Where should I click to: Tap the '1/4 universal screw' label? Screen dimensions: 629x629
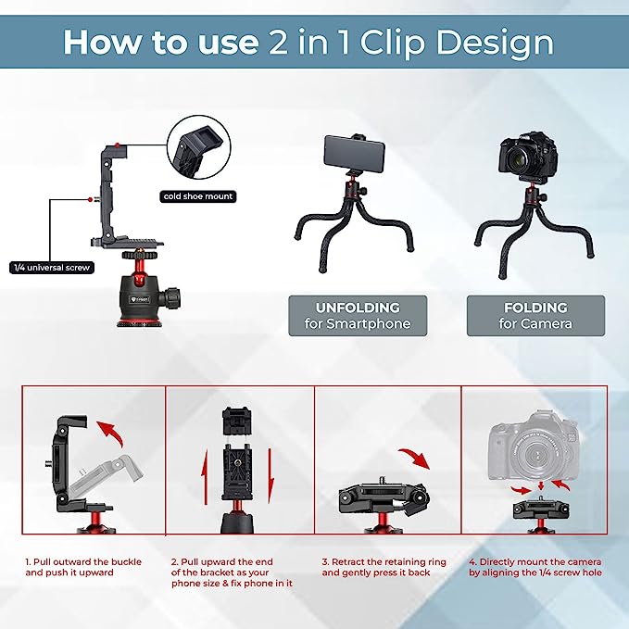pos(47,268)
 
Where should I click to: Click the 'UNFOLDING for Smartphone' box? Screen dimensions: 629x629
pos(357,315)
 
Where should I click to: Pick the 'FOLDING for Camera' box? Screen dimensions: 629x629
pos(535,315)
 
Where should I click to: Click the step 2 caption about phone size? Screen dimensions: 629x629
pos(233,573)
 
